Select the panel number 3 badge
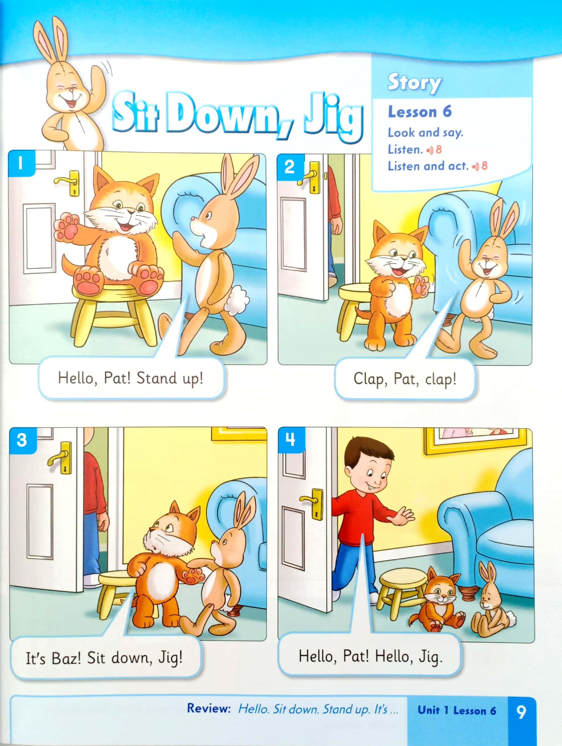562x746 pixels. coord(22,440)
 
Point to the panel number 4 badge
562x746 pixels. coord(291,439)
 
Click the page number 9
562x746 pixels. coord(521,712)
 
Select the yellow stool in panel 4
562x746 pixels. coord(401,592)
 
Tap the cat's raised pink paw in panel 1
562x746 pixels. coord(67,226)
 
